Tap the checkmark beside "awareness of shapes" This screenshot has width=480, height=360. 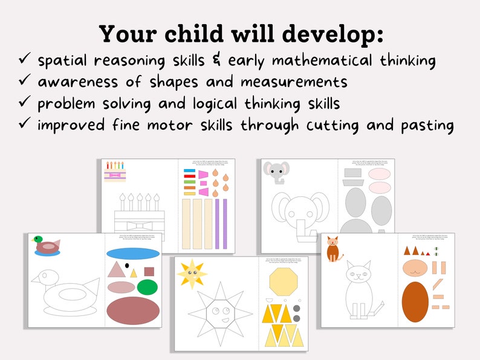coord(25,81)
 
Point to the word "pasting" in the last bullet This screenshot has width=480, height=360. coord(427,125)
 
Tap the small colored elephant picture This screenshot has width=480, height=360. coord(276,173)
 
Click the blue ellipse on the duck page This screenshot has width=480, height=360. coord(133,254)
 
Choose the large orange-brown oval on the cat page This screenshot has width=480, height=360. coord(415,301)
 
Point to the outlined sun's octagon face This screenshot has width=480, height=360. coord(221,313)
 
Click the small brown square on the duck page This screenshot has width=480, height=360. coord(149,271)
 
